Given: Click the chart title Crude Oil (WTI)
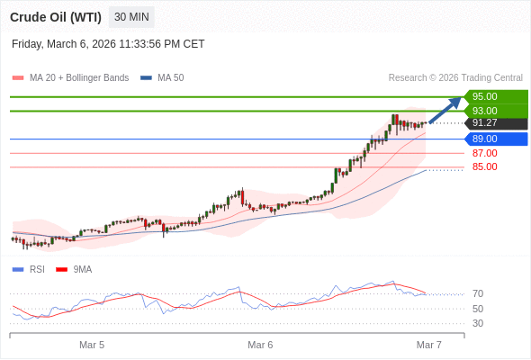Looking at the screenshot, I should pos(56,17).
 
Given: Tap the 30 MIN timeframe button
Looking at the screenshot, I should pos(131,17).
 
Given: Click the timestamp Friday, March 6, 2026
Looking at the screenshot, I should pos(108,43).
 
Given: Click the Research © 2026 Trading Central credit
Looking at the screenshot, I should pos(455,77).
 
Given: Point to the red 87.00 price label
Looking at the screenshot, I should pos(484,153).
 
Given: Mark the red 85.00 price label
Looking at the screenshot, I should pos(484,166).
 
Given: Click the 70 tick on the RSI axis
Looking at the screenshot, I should pos(478,293).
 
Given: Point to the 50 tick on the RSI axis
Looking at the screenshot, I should pos(478,309).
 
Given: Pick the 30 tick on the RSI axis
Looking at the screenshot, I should pos(478,323).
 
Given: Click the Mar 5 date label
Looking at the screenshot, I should pos(92,345).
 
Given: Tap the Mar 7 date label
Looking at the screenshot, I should pos(428,345).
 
